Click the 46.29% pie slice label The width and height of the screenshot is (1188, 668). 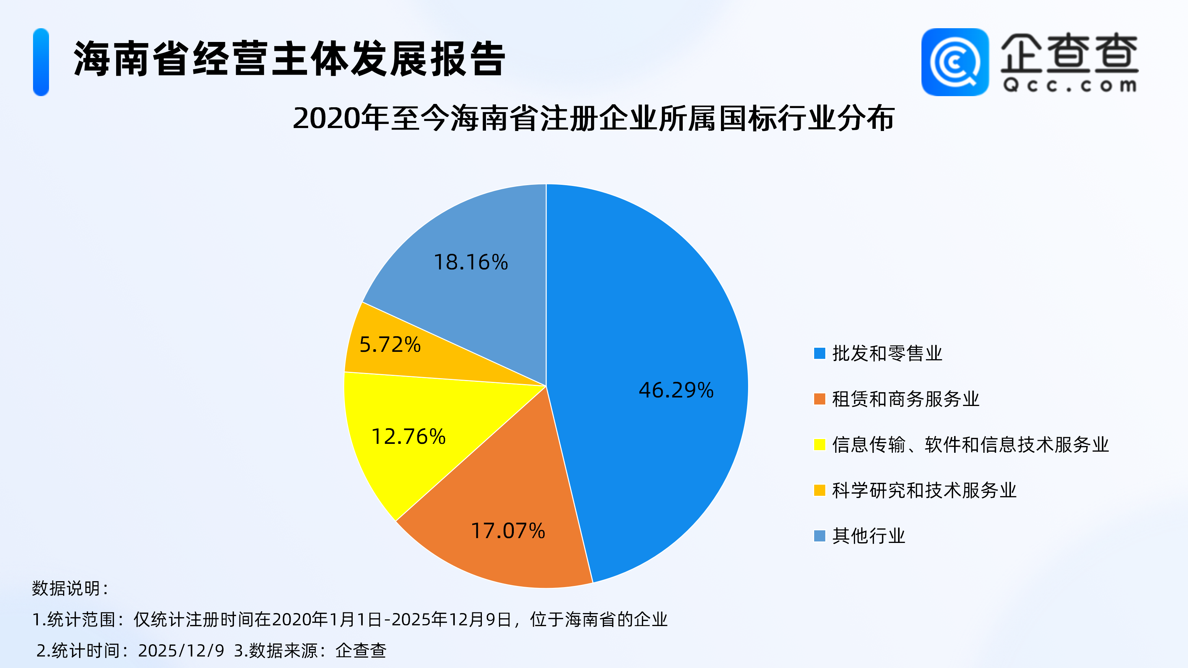pos(676,390)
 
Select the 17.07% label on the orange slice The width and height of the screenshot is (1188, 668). pos(508,531)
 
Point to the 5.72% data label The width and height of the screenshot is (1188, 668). pos(390,344)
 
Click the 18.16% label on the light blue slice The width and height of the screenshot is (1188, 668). pos(471,262)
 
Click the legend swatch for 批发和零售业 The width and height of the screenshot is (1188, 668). pos(819,353)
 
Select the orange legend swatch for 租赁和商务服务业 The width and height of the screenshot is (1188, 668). pos(819,399)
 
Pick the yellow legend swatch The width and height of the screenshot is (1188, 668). pos(819,445)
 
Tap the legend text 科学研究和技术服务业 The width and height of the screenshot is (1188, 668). pos(924,490)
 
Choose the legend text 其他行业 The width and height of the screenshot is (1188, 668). pos(868,536)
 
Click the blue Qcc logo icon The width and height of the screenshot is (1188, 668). pos(954,62)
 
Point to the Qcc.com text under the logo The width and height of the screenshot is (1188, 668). pos(1070,86)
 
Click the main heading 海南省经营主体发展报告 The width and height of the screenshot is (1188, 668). pos(289,59)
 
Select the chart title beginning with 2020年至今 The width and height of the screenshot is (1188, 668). pos(594,118)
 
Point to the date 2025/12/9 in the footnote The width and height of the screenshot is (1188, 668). pos(181,651)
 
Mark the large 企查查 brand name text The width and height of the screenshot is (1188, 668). pos(1069,53)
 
